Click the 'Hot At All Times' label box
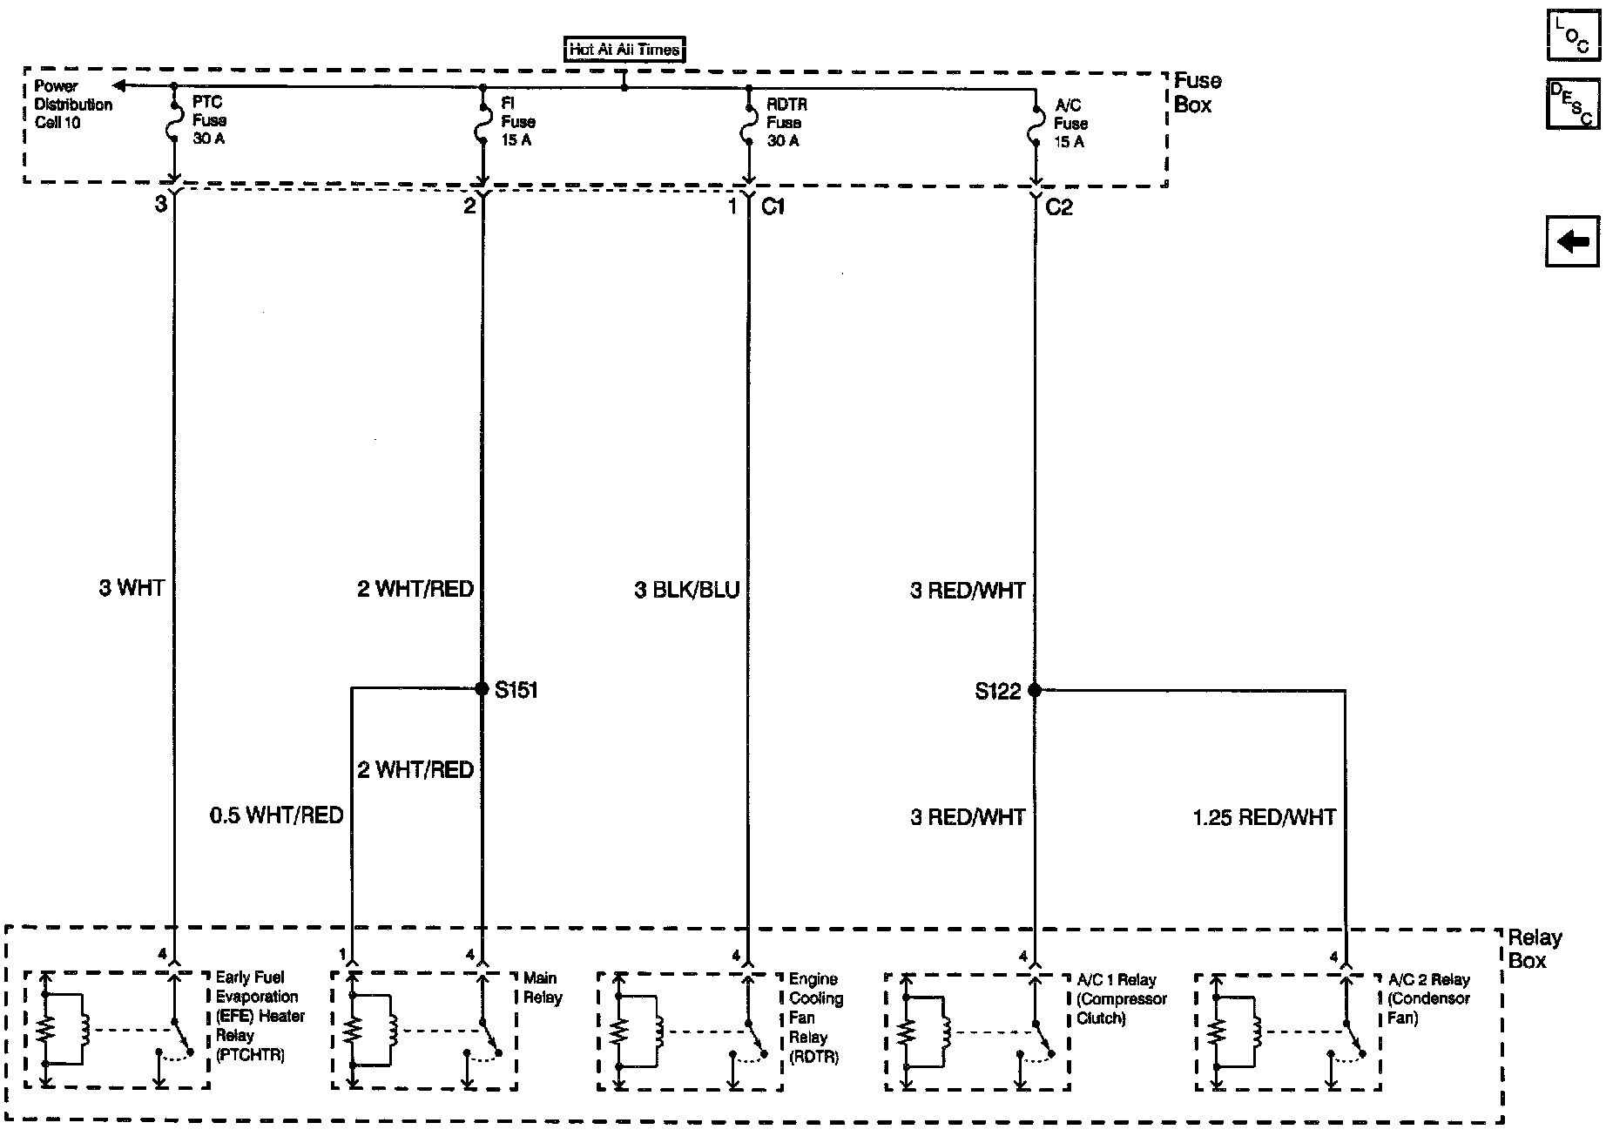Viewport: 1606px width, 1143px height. click(624, 50)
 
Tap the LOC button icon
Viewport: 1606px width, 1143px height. click(1573, 36)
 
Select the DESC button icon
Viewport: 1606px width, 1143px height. click(1573, 104)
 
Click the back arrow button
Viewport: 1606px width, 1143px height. click(1573, 240)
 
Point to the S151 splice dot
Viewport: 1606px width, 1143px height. click(482, 689)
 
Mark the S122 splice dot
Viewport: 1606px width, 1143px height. click(1035, 690)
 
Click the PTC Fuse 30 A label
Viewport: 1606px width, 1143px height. click(208, 120)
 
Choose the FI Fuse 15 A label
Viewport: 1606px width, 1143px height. click(517, 122)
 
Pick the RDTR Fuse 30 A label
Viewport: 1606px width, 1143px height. click(786, 123)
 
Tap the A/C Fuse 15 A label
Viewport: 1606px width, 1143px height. click(1070, 124)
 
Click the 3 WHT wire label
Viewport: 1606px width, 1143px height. click(132, 588)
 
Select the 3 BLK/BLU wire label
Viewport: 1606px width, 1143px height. click(686, 591)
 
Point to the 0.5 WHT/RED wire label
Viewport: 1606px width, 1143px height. click(276, 815)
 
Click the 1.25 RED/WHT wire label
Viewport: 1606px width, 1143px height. click(1264, 817)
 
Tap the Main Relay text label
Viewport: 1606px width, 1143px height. click(542, 988)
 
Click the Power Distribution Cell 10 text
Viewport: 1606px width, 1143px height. click(73, 105)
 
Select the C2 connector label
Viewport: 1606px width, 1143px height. click(1059, 207)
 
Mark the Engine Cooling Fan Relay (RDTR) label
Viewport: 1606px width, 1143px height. click(816, 1018)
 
